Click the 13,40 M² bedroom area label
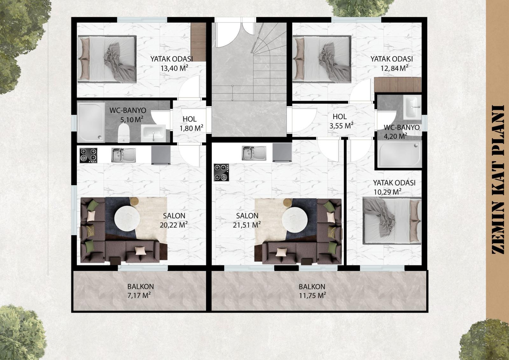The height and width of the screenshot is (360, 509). coord(174,68)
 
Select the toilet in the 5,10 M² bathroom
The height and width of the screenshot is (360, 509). coord(124,133)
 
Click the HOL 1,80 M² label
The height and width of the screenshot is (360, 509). coord(191,124)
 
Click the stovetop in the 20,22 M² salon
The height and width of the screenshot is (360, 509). coord(88,155)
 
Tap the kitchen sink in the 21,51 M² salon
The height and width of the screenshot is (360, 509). coord(254,153)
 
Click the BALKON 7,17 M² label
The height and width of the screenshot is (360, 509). coord(140,291)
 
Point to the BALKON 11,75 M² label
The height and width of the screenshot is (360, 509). coord(312,291)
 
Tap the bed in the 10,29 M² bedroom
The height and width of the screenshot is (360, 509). coord(392,221)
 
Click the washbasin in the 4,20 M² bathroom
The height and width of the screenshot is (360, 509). coord(412,108)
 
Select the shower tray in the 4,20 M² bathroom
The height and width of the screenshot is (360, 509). coord(399,154)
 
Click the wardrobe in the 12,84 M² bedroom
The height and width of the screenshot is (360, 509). coord(398,85)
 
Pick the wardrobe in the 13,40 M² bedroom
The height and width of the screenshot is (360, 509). coord(198,42)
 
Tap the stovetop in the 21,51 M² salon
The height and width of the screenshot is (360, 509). coord(221,173)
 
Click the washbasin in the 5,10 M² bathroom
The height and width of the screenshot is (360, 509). coord(153,133)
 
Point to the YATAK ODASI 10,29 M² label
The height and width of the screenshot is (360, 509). coord(394,187)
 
